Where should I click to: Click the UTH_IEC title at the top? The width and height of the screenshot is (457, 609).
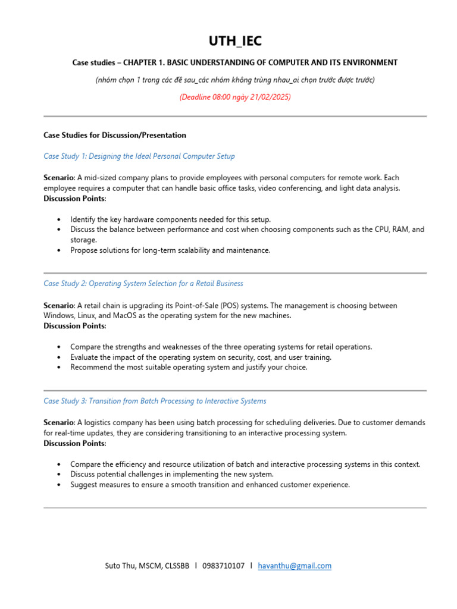(x=234, y=41)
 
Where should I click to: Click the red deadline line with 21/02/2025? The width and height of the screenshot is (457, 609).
(x=234, y=97)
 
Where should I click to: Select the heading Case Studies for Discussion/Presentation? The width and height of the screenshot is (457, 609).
(x=115, y=135)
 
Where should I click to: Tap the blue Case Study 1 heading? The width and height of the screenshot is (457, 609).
(x=139, y=156)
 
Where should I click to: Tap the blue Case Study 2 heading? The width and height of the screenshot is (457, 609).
(x=143, y=284)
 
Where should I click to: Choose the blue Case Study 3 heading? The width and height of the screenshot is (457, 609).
(x=155, y=401)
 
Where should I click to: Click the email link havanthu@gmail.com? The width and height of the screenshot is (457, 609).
(x=295, y=566)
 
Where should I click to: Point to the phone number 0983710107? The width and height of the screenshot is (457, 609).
(x=223, y=566)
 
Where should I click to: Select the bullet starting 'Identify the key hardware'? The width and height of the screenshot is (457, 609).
(x=170, y=219)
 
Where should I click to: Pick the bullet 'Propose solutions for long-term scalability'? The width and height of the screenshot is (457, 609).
(x=170, y=250)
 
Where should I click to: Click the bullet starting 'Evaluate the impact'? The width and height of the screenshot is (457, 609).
(x=201, y=357)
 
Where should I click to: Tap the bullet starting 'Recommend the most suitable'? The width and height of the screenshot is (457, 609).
(x=189, y=368)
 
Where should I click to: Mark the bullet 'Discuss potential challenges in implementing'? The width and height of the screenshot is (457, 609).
(x=171, y=474)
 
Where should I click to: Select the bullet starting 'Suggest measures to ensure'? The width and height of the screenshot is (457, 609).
(x=209, y=485)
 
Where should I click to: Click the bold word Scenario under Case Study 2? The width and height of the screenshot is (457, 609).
(x=59, y=306)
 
